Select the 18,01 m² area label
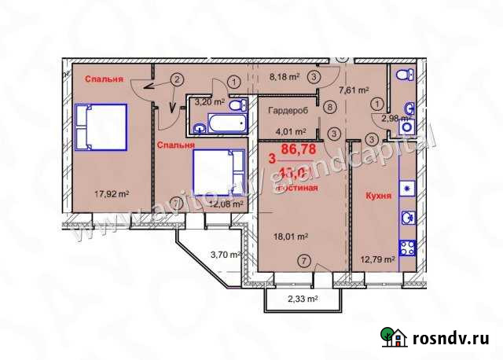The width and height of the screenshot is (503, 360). pyautogui.click(x=290, y=235)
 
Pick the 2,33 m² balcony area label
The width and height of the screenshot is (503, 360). pyautogui.click(x=301, y=299)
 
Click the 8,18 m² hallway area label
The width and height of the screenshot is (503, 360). pyautogui.click(x=284, y=78)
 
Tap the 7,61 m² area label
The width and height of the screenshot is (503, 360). pyautogui.click(x=354, y=90)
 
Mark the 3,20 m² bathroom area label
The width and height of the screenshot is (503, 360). pyautogui.click(x=210, y=101)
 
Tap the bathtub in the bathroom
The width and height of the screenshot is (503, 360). pyautogui.click(x=212, y=123)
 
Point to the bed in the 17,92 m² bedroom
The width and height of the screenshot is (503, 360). pyautogui.click(x=101, y=127)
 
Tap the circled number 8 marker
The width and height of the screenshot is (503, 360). pyautogui.click(x=331, y=108)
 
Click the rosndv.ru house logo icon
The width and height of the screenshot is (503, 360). pyautogui.click(x=395, y=337)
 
